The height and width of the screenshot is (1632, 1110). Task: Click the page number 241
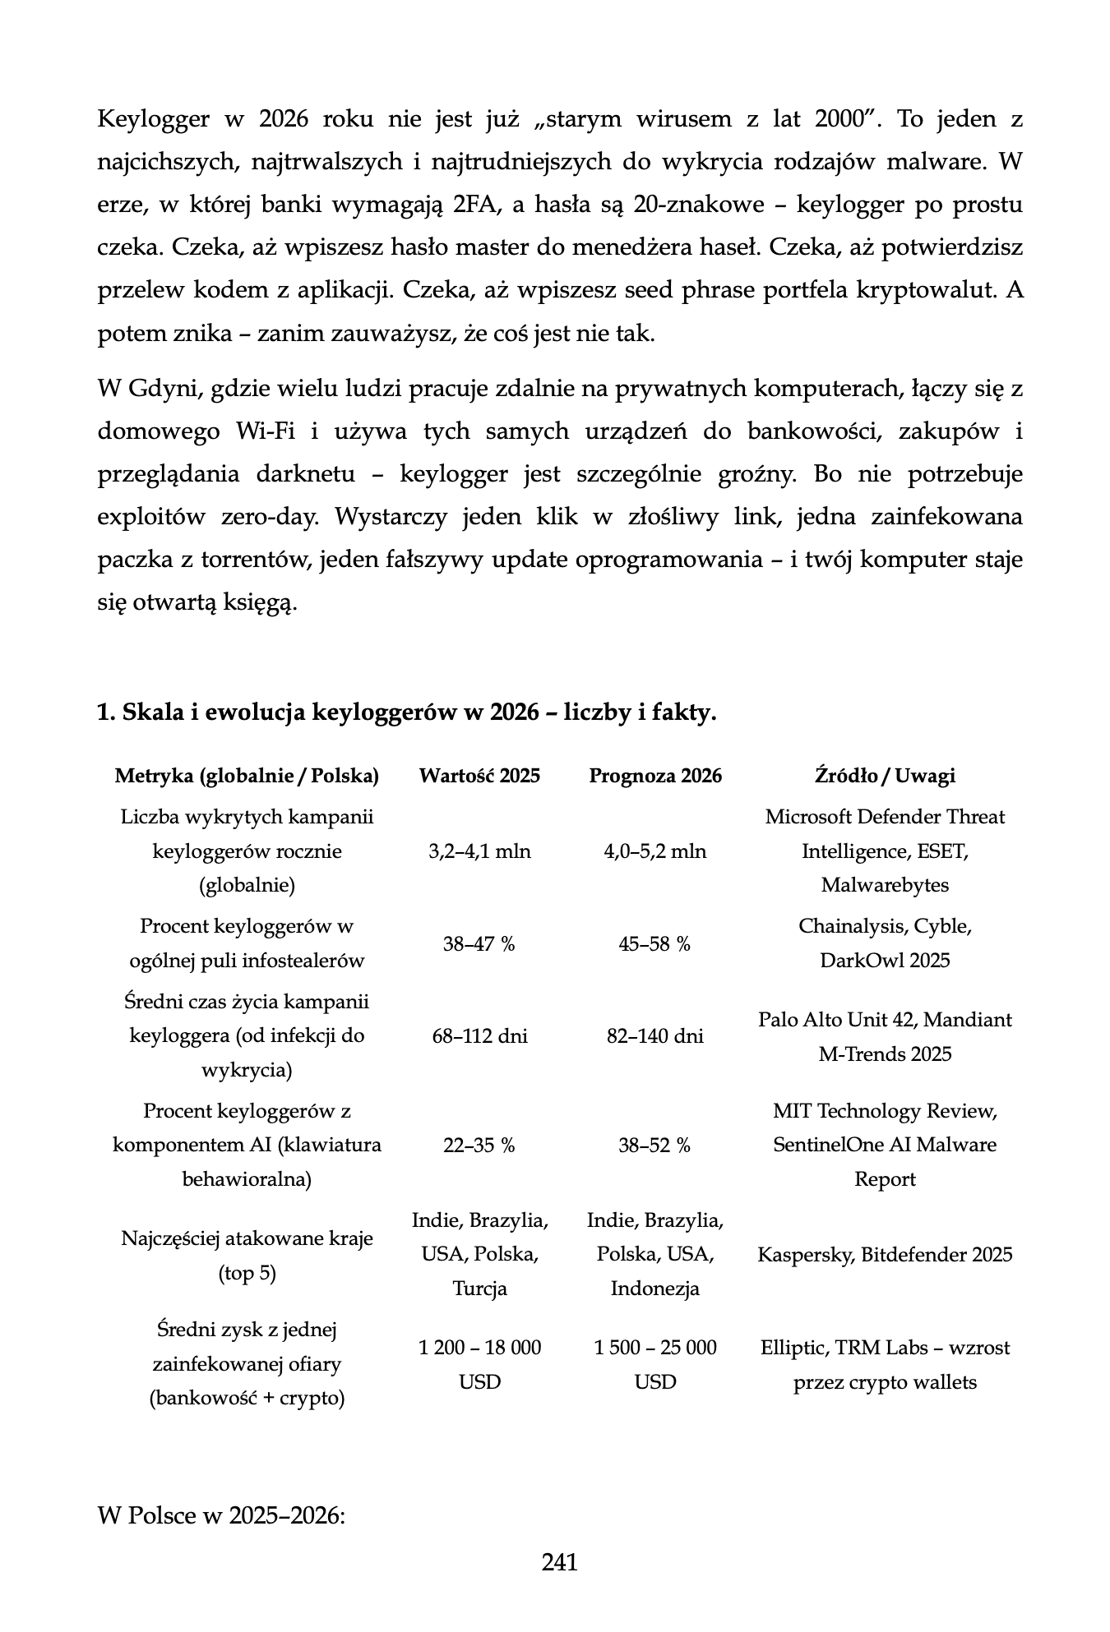tap(559, 1561)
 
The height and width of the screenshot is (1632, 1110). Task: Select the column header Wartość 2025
tap(479, 776)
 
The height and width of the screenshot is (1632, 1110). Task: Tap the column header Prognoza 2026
tap(655, 776)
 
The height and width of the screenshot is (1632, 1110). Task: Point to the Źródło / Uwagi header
tap(885, 776)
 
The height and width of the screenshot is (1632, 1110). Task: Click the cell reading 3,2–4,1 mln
tap(479, 851)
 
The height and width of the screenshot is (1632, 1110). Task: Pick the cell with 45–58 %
tap(654, 944)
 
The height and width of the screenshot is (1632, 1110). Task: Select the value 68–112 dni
tap(479, 1036)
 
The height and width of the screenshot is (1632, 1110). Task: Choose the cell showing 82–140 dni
tap(654, 1036)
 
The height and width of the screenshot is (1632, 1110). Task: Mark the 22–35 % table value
tap(479, 1145)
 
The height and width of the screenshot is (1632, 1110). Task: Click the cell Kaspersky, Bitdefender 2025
tap(885, 1255)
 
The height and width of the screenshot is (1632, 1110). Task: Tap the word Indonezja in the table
tap(654, 1289)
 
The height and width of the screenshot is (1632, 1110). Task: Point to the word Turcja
tap(479, 1289)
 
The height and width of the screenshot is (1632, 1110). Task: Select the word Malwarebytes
tap(885, 885)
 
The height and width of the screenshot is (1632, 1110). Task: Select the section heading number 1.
tap(104, 712)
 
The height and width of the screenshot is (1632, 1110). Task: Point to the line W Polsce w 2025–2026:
tap(220, 1514)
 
